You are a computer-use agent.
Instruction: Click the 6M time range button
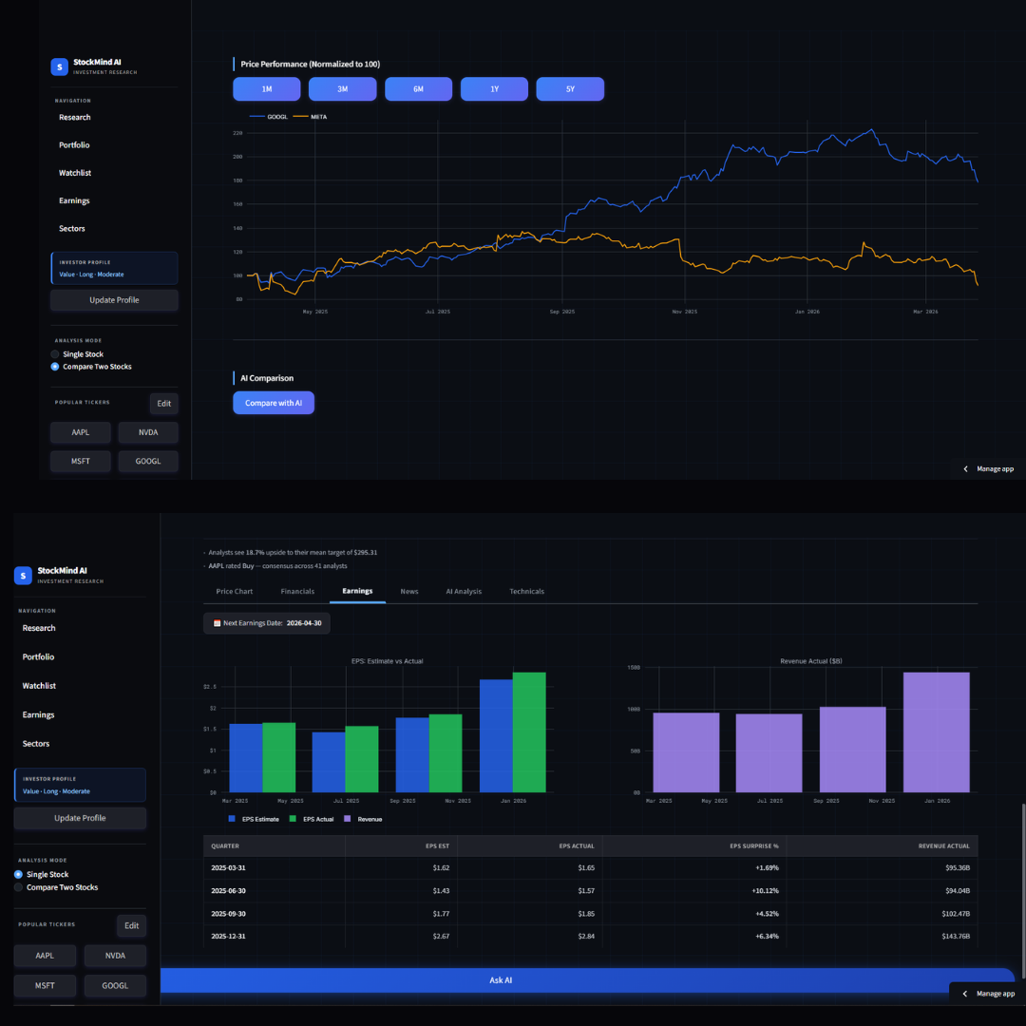[418, 88]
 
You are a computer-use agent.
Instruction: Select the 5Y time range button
[570, 88]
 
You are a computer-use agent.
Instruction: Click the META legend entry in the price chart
[318, 117]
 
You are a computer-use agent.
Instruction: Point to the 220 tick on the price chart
[237, 133]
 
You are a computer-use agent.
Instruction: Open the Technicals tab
[526, 591]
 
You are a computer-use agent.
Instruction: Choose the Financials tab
[297, 591]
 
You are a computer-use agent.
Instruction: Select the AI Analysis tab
[464, 591]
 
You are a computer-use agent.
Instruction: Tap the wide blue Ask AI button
[501, 980]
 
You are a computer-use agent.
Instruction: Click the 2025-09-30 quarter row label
[229, 914]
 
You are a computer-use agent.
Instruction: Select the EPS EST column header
[437, 845]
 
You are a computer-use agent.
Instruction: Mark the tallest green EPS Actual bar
[529, 731]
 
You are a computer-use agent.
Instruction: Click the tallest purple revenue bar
[936, 731]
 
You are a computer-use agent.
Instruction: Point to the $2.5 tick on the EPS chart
[210, 686]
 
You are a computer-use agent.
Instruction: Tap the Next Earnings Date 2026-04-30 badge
[267, 623]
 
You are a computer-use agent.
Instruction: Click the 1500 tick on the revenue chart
[634, 668]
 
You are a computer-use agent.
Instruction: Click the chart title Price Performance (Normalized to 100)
[311, 64]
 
